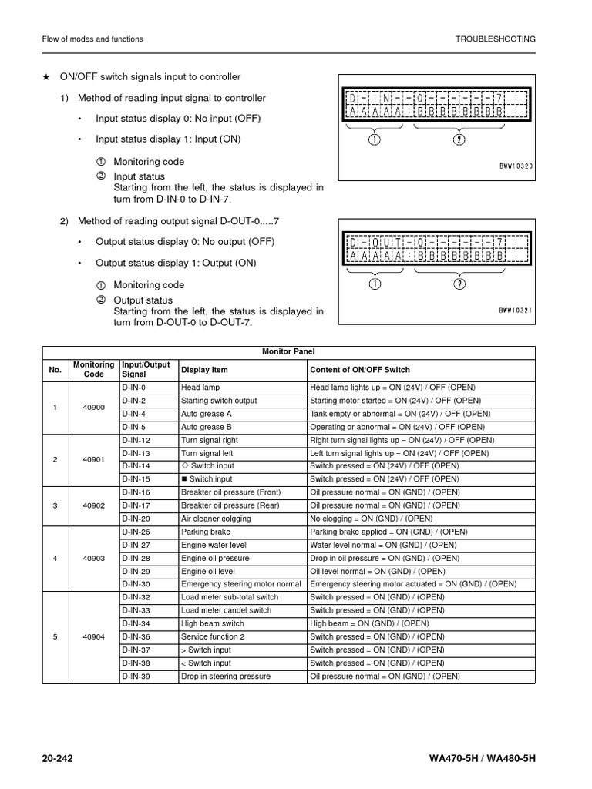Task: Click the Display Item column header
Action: coord(204,370)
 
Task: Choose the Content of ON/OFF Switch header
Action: coord(359,370)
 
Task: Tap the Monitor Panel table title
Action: coord(288,351)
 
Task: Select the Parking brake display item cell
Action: coord(206,532)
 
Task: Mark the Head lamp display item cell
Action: coord(200,387)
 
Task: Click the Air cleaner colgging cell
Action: coord(216,519)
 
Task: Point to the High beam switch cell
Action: coord(212,623)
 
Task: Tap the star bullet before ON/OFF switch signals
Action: coord(46,77)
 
